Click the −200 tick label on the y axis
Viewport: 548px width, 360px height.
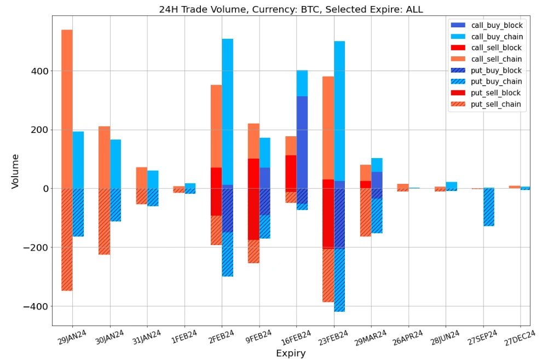pos(36,247)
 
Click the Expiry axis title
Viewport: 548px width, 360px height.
pos(290,353)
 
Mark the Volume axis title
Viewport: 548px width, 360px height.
pos(15,171)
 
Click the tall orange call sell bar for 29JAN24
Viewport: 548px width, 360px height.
pos(67,109)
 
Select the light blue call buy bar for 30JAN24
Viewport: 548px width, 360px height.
pos(116,164)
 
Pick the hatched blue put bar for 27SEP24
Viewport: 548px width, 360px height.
pos(489,207)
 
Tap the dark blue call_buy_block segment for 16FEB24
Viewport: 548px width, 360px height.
pos(302,142)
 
